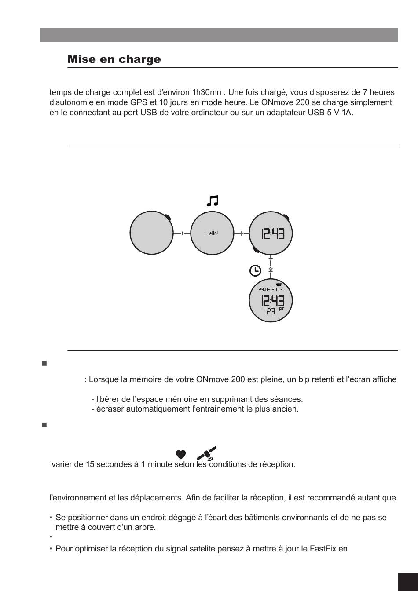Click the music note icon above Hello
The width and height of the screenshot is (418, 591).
[213, 201]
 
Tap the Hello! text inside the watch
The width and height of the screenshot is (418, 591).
[212, 233]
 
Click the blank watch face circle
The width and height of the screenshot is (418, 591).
[150, 233]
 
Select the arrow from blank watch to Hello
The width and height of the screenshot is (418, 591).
[183, 233]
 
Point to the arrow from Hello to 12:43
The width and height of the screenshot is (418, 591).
[242, 233]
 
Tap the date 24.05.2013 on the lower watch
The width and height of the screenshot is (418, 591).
[271, 290]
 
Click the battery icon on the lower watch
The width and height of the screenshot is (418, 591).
[279, 284]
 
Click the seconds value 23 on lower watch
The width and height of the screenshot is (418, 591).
[271, 311]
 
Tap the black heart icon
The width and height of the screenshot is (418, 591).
[180, 454]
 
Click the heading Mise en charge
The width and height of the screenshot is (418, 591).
[114, 59]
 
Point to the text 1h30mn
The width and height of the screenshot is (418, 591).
[207, 93]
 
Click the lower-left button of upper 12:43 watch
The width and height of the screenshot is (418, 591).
[257, 249]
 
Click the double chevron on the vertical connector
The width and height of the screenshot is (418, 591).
[271, 270]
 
